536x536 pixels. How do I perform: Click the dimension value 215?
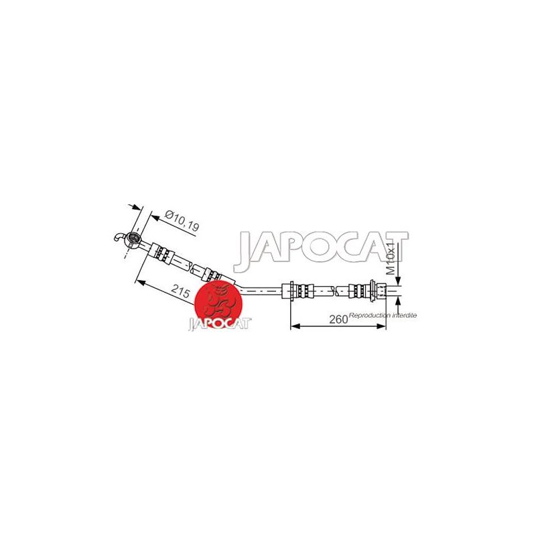tap(180, 291)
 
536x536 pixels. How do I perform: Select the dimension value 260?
tap(338, 320)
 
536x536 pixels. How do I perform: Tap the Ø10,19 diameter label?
tap(182, 221)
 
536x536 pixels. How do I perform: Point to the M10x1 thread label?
tap(391, 259)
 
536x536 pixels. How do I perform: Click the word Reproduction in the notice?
tap(370, 315)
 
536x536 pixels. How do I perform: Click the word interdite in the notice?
tap(405, 315)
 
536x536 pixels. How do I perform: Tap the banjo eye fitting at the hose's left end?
tap(133, 238)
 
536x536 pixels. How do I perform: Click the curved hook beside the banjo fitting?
tap(119, 237)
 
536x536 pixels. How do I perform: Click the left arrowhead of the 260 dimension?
tap(295, 326)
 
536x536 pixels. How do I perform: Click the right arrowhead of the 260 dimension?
tap(381, 326)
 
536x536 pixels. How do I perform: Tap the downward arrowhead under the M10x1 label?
tap(398, 281)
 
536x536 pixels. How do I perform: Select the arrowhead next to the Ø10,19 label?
tap(155, 217)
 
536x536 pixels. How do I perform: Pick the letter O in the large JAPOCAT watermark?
tap(325, 247)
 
